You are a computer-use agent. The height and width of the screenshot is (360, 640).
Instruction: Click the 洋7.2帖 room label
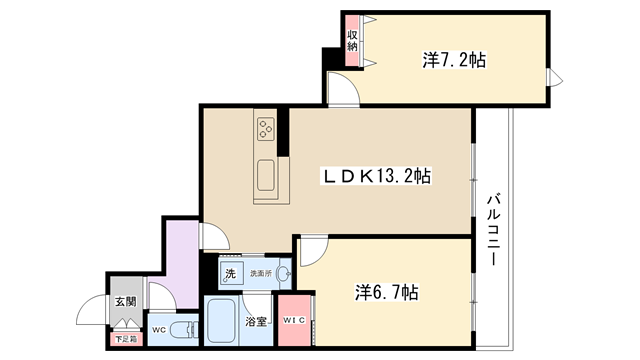[454, 60]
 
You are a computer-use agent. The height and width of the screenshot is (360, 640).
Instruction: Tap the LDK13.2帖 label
[377, 176]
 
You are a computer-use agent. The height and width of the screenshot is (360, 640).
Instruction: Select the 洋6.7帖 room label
[386, 292]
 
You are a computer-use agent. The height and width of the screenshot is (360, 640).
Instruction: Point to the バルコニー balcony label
[493, 230]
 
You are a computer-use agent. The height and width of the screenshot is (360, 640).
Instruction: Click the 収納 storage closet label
[352, 41]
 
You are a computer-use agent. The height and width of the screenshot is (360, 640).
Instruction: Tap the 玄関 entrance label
[125, 302]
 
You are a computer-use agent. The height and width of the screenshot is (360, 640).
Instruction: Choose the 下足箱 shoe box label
[126, 339]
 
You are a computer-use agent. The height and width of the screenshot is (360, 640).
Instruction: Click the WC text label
[159, 330]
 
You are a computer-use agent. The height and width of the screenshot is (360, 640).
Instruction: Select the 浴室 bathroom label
[256, 322]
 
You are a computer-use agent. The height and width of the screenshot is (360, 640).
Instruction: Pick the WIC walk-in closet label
[294, 320]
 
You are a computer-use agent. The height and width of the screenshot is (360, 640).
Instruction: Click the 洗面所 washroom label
[261, 273]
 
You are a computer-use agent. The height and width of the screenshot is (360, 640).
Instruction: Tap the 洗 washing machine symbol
[231, 273]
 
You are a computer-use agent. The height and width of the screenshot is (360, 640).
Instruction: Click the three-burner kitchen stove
[266, 129]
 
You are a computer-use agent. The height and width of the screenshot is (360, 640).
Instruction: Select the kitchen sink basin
[266, 175]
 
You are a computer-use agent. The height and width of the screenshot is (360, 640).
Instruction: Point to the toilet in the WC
[183, 330]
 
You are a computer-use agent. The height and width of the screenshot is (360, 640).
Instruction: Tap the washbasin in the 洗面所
[284, 273]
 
